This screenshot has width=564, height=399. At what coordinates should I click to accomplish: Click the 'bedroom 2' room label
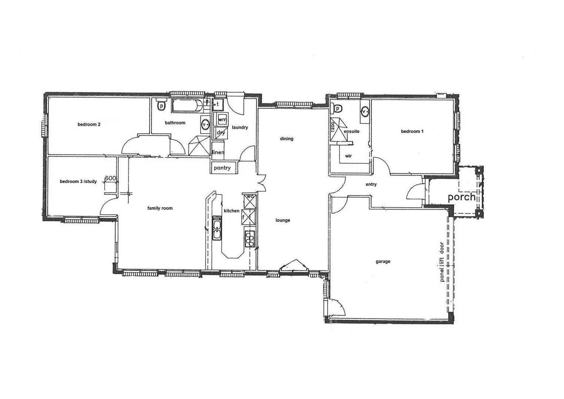(89, 125)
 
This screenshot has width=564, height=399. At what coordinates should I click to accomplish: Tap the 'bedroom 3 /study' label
(78, 181)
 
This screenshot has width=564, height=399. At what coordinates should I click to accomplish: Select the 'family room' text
(160, 208)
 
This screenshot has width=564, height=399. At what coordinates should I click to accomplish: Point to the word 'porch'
(461, 197)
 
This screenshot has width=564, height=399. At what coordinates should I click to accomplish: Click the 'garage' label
(383, 262)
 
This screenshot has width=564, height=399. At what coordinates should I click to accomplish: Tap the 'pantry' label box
(222, 168)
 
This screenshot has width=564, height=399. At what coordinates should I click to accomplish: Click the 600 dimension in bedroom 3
(110, 178)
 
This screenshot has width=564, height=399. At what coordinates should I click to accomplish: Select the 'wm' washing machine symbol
(222, 120)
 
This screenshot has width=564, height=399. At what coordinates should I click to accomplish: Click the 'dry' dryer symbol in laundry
(221, 133)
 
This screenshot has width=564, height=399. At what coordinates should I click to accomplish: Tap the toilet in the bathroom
(161, 105)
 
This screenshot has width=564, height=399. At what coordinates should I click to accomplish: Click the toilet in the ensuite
(338, 108)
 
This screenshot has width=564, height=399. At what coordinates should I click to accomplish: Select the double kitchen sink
(217, 229)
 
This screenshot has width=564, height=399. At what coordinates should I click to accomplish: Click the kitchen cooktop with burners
(250, 238)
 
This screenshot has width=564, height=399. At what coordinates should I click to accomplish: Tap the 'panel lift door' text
(441, 262)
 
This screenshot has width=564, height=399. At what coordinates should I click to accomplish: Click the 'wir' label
(348, 156)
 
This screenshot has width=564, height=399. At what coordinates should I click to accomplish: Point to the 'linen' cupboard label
(218, 152)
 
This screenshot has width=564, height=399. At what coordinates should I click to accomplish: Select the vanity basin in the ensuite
(365, 111)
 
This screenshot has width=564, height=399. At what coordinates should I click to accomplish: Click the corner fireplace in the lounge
(294, 265)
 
